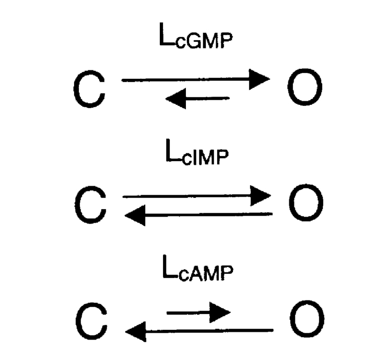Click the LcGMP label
coord(196,35)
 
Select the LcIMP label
coord(197,152)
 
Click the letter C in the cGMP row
coord(89,89)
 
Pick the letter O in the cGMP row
coord(305,87)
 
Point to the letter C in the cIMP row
coord(90,205)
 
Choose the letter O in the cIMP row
coord(306,202)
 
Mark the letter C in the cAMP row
coord(91,321)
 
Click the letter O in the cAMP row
coord(307,319)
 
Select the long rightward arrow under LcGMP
coord(196,79)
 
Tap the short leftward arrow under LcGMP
coord(197,99)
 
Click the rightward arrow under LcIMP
coord(197,196)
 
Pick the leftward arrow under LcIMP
coord(198,215)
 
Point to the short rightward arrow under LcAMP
coord(198,313)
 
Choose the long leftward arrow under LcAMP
coord(199,331)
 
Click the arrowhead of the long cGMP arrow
coord(260,79)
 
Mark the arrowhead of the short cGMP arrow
coord(175,99)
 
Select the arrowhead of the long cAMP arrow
coord(135,331)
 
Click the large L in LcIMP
coord(172,150)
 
